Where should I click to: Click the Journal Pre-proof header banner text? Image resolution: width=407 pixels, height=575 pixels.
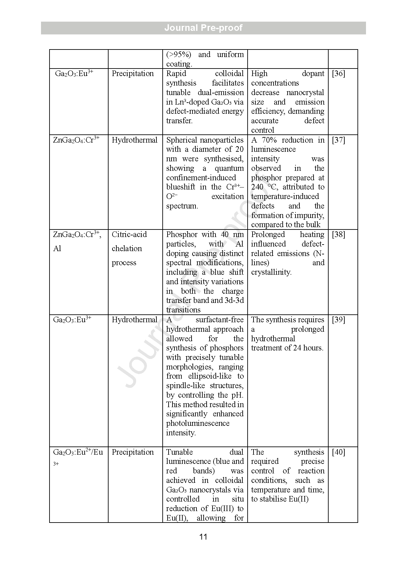pyautogui.click(x=203, y=28)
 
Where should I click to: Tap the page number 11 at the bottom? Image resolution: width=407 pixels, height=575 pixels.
pyautogui.click(x=203, y=537)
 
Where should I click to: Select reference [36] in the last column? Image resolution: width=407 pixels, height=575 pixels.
pyautogui.click(x=338, y=73)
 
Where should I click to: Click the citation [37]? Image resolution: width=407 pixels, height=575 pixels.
pyautogui.click(x=338, y=140)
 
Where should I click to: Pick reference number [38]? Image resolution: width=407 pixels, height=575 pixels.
pyautogui.click(x=338, y=234)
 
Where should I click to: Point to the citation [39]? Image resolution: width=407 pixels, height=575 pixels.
pyautogui.click(x=338, y=320)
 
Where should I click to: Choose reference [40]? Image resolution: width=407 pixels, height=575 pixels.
pyautogui.click(x=338, y=452)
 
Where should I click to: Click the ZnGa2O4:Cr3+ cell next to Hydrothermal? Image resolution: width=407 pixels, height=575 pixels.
pyautogui.click(x=76, y=140)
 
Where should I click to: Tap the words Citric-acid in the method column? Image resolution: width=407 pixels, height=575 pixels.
pyautogui.click(x=129, y=234)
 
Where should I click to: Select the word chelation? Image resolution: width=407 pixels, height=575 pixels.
pyautogui.click(x=127, y=248)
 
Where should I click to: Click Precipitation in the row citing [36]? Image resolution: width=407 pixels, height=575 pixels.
pyautogui.click(x=132, y=73)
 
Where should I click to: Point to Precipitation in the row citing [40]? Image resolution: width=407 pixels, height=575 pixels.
pyautogui.click(x=132, y=452)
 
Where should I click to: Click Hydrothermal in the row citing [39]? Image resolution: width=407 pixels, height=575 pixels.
pyautogui.click(x=134, y=320)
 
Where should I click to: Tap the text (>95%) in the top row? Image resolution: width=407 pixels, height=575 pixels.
pyautogui.click(x=178, y=54)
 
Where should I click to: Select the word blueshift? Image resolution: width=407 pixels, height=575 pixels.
pyautogui.click(x=180, y=187)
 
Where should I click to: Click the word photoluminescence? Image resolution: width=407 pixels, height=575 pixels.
pyautogui.click(x=197, y=423)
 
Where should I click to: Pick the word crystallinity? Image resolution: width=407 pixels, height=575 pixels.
pyautogui.click(x=271, y=272)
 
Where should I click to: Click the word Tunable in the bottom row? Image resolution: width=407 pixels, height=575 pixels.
pyautogui.click(x=179, y=452)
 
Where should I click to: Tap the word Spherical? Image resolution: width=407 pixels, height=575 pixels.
pyautogui.click(x=182, y=140)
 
